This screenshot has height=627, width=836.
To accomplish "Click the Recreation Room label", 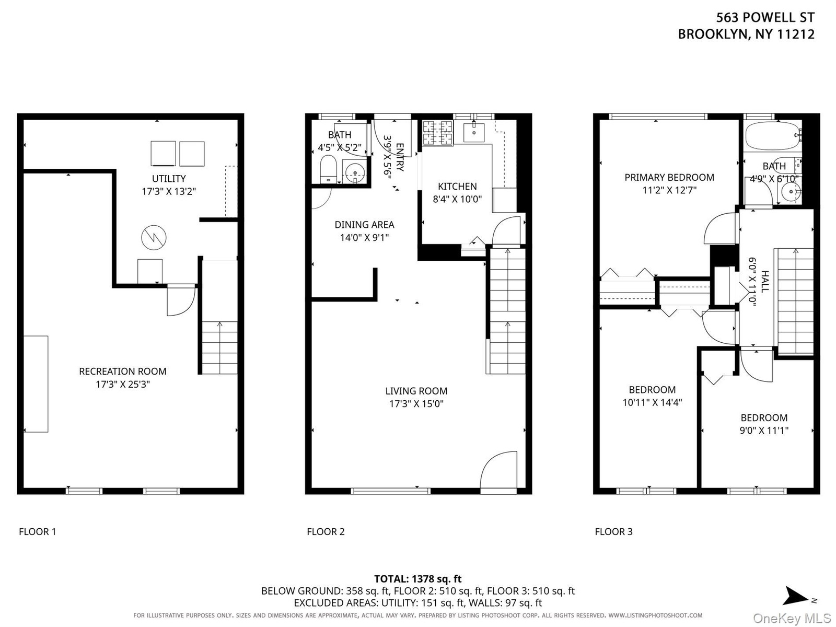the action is coord(123,371).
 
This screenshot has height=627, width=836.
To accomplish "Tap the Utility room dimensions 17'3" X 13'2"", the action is coord(169,191).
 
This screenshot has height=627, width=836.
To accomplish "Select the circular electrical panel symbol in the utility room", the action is coord(154,238).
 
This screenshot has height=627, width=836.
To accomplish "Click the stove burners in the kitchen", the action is coord(438,133).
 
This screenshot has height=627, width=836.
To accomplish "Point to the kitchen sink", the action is coord(474,132).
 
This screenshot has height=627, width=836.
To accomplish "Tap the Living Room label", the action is coord(416,391).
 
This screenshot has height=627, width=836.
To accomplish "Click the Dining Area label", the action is coord(365,225).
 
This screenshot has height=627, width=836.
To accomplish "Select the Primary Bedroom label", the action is coord(669,178).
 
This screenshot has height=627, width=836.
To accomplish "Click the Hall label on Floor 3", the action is coord(764,281).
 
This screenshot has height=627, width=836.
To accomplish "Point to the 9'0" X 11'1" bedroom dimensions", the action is coord(764,431).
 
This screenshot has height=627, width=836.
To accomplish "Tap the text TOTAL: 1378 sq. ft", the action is coord(418,579).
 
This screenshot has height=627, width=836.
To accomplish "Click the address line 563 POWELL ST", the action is coord(765,18).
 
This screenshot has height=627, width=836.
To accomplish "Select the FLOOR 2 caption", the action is coord(326,532).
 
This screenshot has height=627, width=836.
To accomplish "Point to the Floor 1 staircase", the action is coord(219,347).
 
